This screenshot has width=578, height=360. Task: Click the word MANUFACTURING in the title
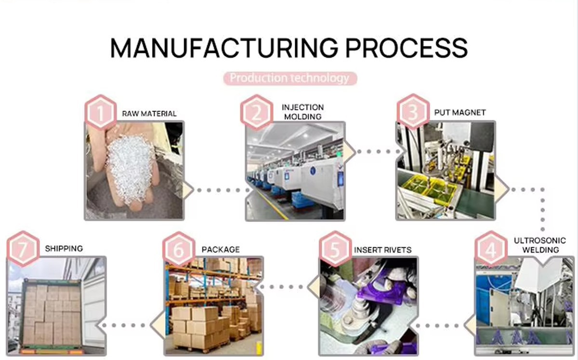[223, 48]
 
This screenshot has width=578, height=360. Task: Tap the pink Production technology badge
[289, 78]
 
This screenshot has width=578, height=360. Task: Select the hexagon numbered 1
[100, 113]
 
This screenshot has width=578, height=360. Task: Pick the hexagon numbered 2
[256, 113]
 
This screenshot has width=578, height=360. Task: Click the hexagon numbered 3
[413, 112]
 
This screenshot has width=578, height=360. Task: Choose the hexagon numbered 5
[335, 250]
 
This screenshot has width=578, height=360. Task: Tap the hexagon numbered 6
[179, 250]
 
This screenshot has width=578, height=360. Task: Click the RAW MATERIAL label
[149, 114]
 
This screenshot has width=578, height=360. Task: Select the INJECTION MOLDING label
[303, 112]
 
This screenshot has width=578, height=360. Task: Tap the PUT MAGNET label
[460, 112]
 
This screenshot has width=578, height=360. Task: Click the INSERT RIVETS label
[383, 250]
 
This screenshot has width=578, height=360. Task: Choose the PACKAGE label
[221, 249]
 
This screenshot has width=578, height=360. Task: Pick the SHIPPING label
[64, 248]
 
